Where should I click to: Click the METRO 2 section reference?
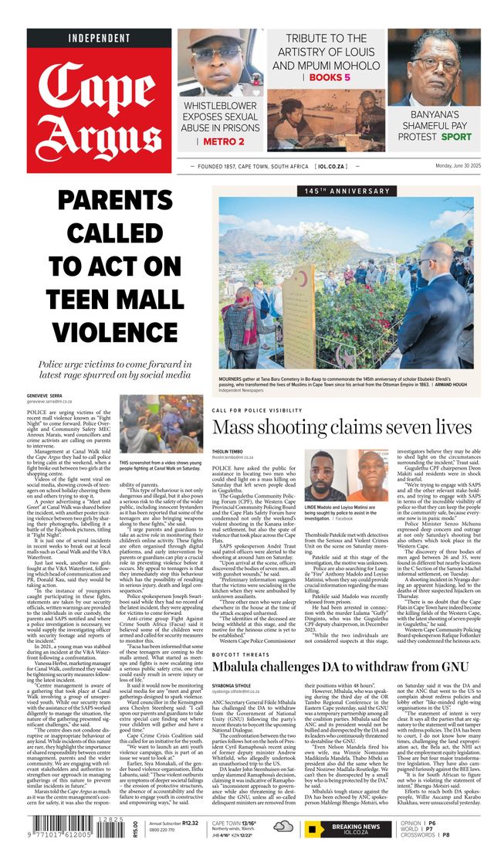(224, 141)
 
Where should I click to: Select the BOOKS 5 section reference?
(330, 78)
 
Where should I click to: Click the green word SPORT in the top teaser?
(456, 137)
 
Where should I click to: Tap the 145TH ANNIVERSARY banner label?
(336, 191)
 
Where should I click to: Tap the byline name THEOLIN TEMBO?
(230, 451)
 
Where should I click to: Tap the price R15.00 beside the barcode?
(136, 829)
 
